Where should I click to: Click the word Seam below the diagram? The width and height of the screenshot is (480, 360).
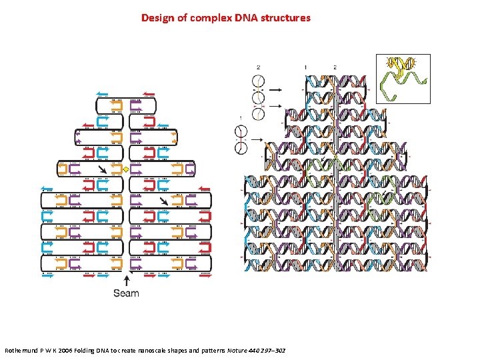coord(126,293)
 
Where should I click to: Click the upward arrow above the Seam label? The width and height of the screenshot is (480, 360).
coord(127,279)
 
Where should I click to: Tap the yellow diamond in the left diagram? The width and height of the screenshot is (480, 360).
coord(125,170)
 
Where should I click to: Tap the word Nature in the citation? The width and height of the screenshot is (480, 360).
coord(235,350)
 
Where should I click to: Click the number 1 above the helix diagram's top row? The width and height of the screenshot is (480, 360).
coord(305,67)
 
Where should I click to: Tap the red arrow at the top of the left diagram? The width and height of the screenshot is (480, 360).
coord(149,93)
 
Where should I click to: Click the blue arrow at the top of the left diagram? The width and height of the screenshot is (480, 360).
coord(102,93)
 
